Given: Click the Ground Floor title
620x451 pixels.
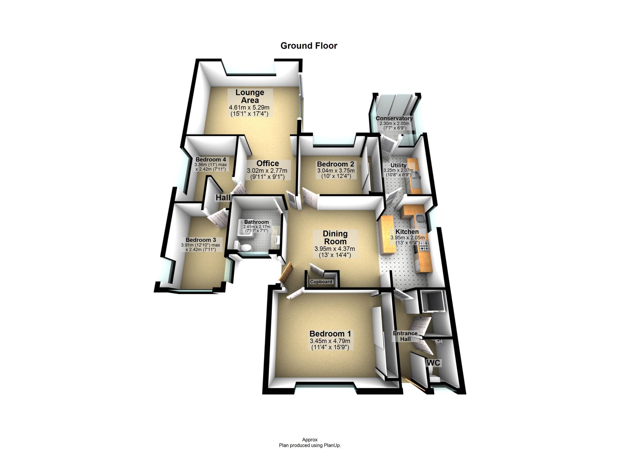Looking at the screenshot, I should (309, 46).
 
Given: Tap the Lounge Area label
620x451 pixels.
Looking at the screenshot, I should (250, 96).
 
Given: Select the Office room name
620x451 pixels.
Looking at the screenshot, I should (268, 163).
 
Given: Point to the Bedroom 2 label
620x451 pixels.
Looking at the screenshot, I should (335, 164).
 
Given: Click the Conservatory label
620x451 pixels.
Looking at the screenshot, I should (394, 118).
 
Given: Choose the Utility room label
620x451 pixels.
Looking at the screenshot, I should (398, 165).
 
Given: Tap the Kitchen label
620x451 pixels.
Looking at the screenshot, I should (407, 232).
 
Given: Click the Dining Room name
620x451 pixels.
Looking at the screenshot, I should (335, 237).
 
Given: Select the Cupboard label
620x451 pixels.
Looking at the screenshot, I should (321, 282).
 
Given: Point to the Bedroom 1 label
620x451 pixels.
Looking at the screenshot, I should (330, 334).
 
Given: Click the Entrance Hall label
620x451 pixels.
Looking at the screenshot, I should (405, 336).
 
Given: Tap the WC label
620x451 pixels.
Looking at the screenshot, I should (433, 363).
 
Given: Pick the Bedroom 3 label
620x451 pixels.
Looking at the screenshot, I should (201, 240).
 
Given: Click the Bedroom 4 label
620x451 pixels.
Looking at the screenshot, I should (210, 160).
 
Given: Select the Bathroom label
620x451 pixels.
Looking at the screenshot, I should (256, 222).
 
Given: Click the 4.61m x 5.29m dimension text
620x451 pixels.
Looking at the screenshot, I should (249, 108).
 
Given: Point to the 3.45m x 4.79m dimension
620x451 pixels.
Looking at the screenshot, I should (330, 341).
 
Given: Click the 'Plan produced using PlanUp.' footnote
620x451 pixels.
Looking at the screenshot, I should (310, 445).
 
